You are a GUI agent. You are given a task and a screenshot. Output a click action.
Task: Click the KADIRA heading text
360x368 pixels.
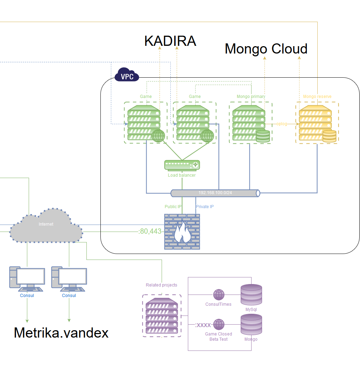point(170,41)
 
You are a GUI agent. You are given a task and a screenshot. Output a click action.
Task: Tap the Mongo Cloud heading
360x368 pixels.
point(266,49)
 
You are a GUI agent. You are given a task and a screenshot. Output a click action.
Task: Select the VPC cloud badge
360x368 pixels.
point(127,75)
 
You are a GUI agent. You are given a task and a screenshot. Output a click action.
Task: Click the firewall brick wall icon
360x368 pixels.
point(182,232)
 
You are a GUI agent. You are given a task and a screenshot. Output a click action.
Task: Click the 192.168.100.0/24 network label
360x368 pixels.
point(215,193)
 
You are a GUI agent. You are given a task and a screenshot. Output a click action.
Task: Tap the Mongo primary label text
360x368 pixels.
point(251,97)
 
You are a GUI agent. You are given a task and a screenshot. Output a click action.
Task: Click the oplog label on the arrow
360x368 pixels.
point(282,124)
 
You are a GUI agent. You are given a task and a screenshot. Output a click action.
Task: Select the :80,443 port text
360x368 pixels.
point(150,231)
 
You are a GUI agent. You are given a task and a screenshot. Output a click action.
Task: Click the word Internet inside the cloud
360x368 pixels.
point(46,224)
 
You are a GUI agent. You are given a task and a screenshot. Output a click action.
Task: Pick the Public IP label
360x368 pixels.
point(173,207)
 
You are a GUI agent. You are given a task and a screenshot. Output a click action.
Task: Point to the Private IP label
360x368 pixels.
point(205,207)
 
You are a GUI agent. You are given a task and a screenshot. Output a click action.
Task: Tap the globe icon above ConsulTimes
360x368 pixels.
point(219,295)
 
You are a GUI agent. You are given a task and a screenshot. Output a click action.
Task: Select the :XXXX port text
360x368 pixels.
point(203,325)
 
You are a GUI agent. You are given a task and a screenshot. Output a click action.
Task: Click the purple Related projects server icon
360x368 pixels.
point(162,316)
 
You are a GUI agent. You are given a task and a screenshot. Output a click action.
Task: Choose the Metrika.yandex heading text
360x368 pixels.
point(61,333)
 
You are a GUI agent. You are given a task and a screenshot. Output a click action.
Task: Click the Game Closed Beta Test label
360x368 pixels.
point(218,337)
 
